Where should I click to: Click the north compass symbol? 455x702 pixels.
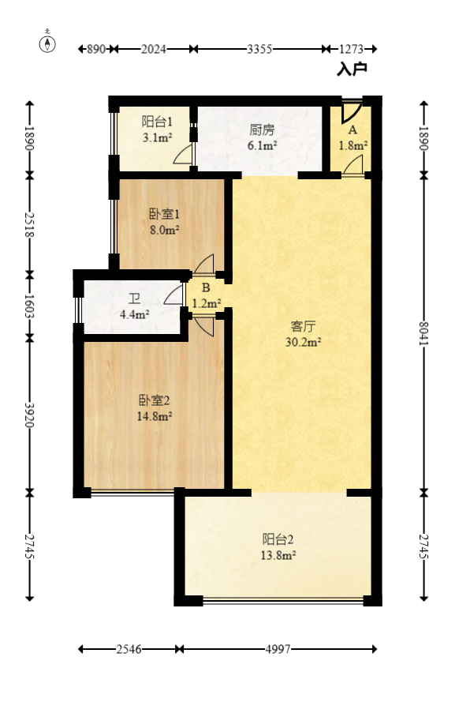click(x=49, y=43)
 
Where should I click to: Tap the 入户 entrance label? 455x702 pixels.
click(x=352, y=70)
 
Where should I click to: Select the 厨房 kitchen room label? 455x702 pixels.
click(x=262, y=130)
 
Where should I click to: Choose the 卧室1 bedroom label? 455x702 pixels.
click(x=166, y=214)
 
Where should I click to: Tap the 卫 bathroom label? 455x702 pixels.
click(x=135, y=299)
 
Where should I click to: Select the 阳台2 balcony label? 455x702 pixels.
click(x=278, y=539)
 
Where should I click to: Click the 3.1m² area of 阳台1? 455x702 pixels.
click(x=156, y=138)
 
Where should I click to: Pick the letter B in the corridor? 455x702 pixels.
click(x=205, y=288)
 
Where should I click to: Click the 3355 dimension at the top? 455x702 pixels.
click(x=259, y=49)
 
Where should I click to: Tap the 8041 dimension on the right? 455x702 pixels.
click(x=423, y=332)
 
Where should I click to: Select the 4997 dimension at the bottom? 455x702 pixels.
click(x=278, y=649)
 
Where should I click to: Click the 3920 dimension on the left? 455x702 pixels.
click(x=30, y=415)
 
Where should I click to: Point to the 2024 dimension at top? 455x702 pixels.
click(x=154, y=49)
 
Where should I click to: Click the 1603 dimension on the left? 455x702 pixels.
click(x=30, y=305)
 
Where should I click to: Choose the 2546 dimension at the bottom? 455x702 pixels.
click(x=129, y=649)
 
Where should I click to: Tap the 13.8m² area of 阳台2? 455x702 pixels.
click(x=279, y=556)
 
